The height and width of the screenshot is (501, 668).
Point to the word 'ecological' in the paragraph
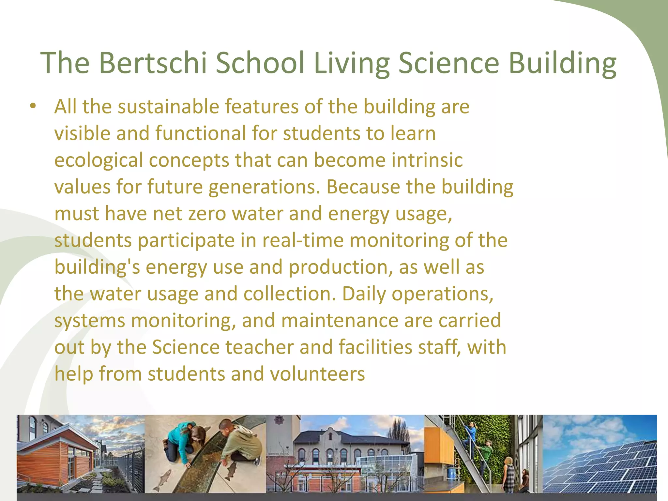[99, 160]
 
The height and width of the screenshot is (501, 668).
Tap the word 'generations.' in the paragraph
[264, 187]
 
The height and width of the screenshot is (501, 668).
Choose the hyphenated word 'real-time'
[303, 240]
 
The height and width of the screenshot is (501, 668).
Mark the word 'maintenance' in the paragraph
[340, 320]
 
